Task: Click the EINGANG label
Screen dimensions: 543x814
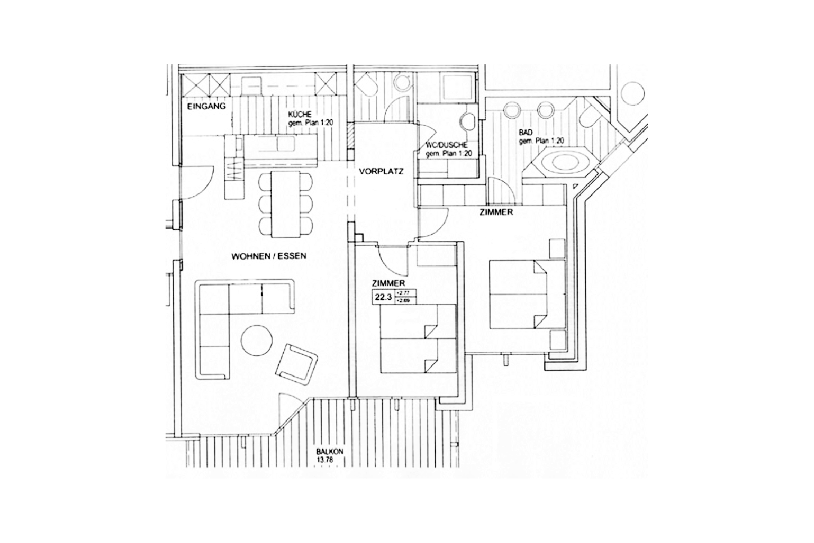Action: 206,106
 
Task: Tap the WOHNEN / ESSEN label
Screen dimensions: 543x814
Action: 269,256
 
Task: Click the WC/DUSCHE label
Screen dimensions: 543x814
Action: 447,145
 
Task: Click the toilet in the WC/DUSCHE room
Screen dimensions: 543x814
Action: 468,120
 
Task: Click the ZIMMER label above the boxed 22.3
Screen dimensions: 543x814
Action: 388,283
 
